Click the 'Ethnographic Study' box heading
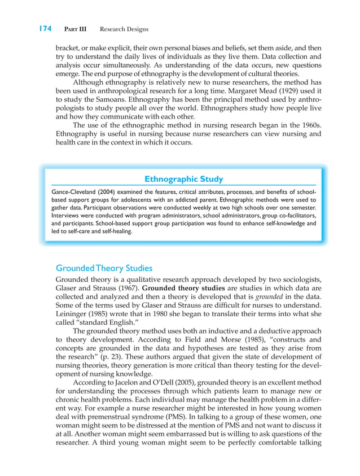[183, 179]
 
